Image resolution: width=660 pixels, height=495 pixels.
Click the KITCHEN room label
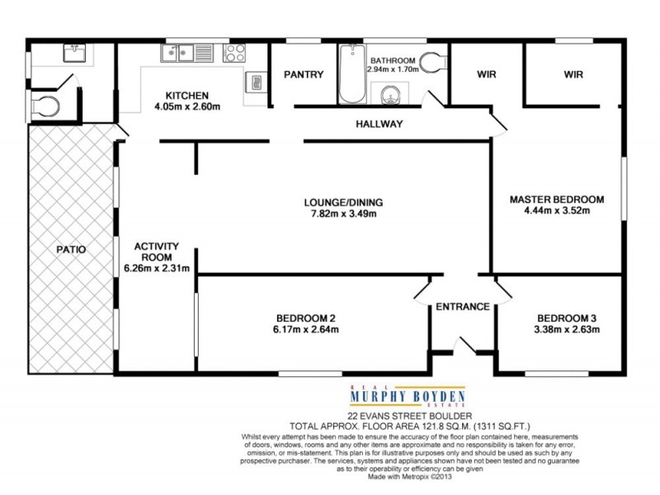pos(186,95)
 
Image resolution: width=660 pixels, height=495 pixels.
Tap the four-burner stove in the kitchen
pos(235,54)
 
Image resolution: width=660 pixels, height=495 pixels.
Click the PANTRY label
pos(304,74)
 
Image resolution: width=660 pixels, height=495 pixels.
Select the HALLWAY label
pos(379,125)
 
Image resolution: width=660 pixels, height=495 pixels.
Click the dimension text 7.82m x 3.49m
pos(344,214)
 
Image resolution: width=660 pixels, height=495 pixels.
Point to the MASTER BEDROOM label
pos(557,200)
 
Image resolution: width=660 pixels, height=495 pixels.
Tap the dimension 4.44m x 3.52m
pos(557,210)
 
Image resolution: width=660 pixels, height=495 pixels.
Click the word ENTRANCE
pos(463,307)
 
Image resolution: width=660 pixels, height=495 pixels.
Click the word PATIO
pos(71,248)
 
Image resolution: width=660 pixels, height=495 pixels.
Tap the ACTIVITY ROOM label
pos(157,252)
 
